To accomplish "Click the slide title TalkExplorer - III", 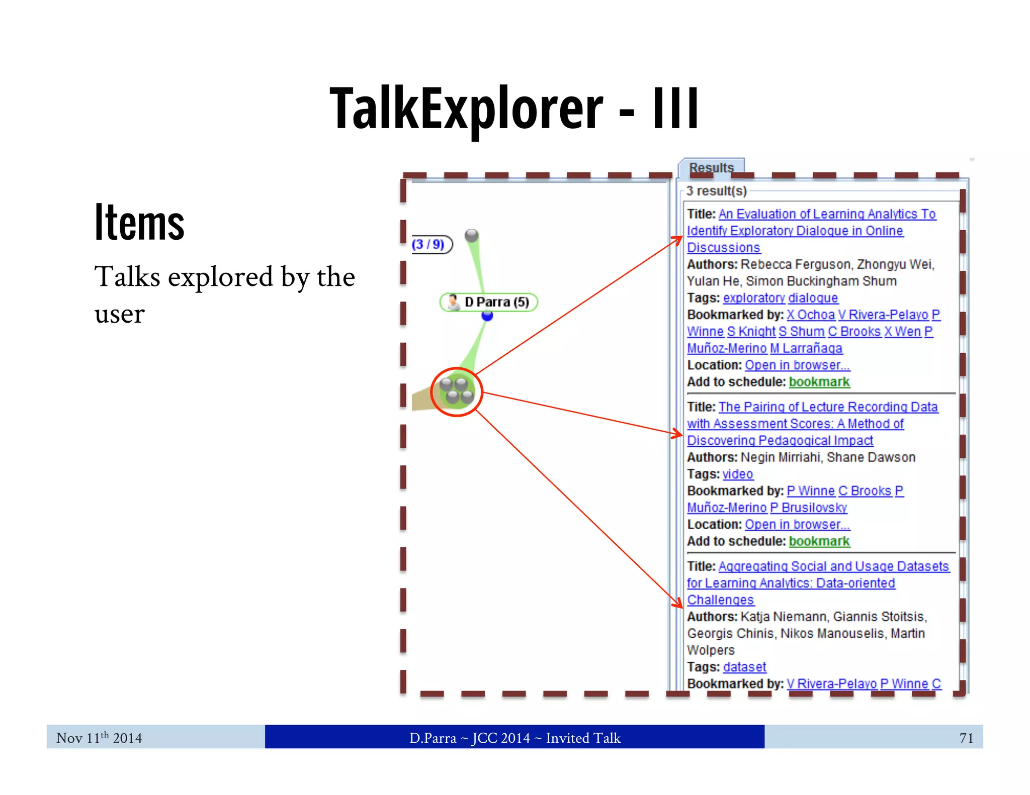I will (x=514, y=108).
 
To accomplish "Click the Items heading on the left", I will (x=139, y=223).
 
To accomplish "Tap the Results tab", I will (x=711, y=167).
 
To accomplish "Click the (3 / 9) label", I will (x=429, y=244).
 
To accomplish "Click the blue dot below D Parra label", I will (x=487, y=316).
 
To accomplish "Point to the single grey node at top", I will (x=472, y=235).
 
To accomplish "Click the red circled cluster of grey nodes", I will (x=457, y=392).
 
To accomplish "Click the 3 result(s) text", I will (x=716, y=191).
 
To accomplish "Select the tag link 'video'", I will (x=738, y=474).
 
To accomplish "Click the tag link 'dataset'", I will (x=744, y=667).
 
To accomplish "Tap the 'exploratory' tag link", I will (x=753, y=298).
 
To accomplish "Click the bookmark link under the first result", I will (x=819, y=382).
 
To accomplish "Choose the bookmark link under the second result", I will (x=819, y=541).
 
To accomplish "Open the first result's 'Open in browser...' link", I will (x=797, y=365).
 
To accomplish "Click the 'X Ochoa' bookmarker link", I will (x=810, y=315).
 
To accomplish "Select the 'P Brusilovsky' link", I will (x=808, y=508).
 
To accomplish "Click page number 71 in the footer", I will (x=966, y=738).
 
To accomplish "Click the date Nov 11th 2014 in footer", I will (x=99, y=738).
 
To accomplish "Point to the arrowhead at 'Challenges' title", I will (x=679, y=604).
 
